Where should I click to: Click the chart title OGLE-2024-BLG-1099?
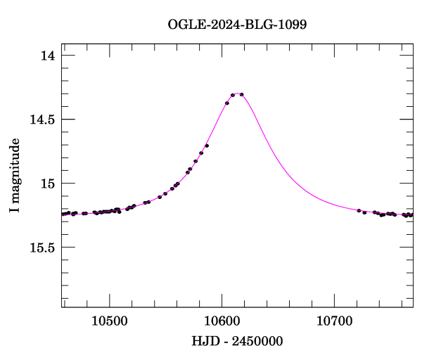pyautogui.click(x=238, y=25)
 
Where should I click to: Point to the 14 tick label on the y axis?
pyautogui.click(x=46, y=56)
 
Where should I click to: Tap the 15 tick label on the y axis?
pyautogui.click(x=46, y=184)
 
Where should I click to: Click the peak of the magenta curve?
pyautogui.click(x=237, y=93)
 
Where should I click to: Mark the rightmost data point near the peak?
pyautogui.click(x=242, y=94)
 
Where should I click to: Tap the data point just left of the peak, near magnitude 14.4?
pyautogui.click(x=227, y=103)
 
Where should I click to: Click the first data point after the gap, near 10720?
pyautogui.click(x=359, y=210)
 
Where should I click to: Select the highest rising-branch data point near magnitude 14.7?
pyautogui.click(x=207, y=146)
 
